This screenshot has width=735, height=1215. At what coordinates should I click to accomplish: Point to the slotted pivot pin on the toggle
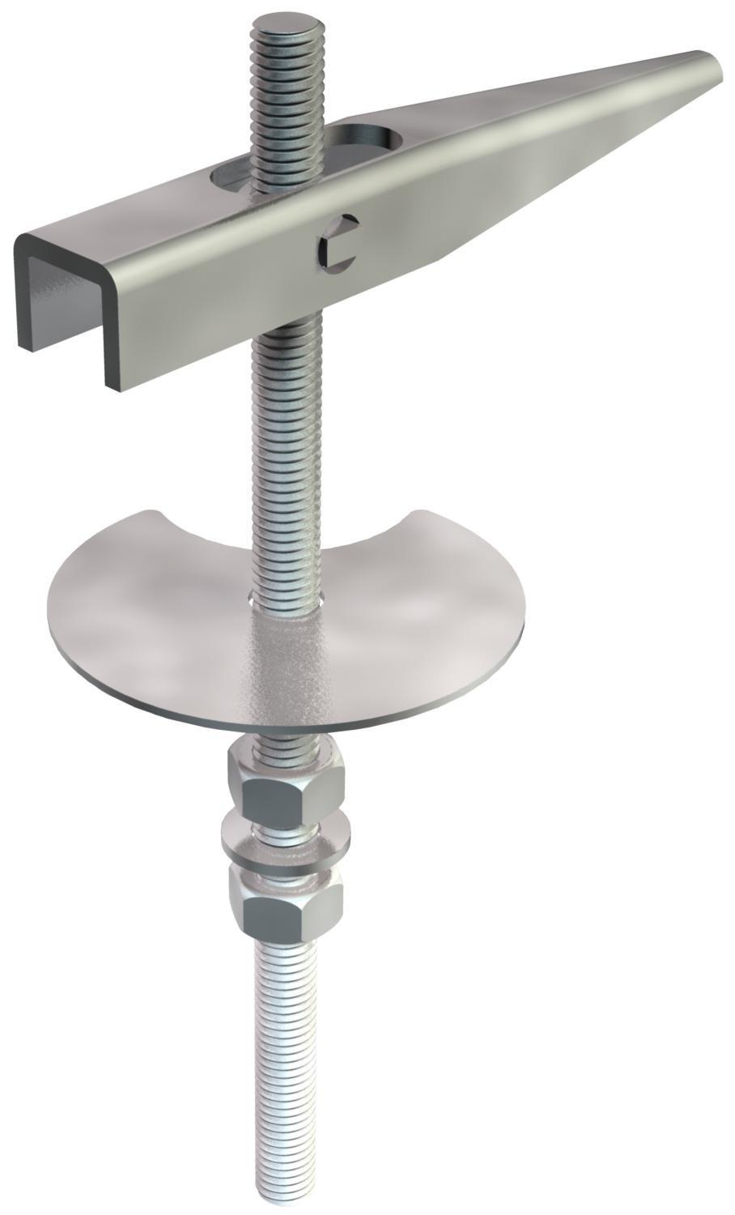(x=336, y=243)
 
